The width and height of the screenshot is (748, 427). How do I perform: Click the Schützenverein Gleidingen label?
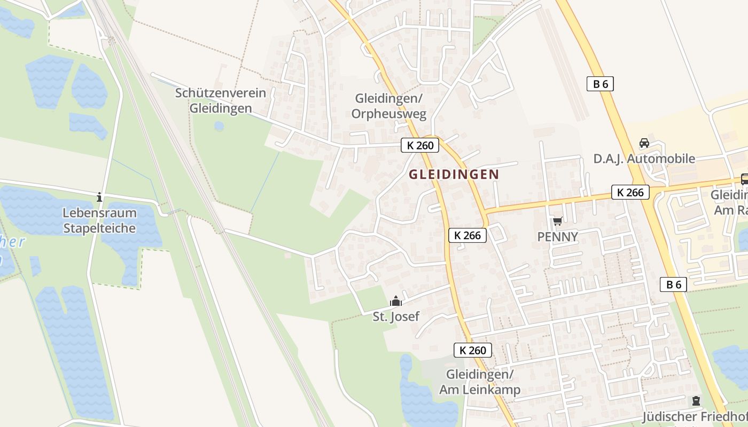pos(221,100)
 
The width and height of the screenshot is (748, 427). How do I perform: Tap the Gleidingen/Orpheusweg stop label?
pos(389,106)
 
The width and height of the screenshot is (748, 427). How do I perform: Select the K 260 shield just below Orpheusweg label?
pos(419,145)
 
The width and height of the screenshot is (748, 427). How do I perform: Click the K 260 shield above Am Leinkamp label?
pos(473,350)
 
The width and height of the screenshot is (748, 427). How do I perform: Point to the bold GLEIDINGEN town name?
pos(454,174)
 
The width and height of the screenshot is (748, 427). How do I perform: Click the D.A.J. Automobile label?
pos(644,159)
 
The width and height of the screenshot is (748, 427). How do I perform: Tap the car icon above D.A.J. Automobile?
pos(644,143)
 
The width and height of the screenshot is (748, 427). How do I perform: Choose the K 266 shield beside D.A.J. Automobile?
pos(630,192)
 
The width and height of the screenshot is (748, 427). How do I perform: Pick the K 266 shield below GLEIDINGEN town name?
pos(467,235)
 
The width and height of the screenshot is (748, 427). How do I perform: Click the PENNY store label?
pos(558,236)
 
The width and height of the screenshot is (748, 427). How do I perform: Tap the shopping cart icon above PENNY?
pos(558,221)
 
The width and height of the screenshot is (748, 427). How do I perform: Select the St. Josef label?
pos(396,317)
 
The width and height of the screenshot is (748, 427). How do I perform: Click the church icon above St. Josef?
pos(395,302)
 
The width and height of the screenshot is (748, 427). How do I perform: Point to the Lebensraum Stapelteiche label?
pos(100,220)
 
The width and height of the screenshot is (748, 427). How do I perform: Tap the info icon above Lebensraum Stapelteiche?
pos(99,197)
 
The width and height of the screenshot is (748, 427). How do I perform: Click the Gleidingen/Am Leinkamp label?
pos(480,382)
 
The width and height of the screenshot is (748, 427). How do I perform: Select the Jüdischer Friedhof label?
pos(695,416)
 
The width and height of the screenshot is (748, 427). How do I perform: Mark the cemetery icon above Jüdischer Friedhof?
pos(696,400)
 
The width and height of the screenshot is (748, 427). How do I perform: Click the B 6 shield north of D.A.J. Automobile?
pos(600,84)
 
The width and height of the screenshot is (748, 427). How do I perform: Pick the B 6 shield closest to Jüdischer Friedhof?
pos(673,284)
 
